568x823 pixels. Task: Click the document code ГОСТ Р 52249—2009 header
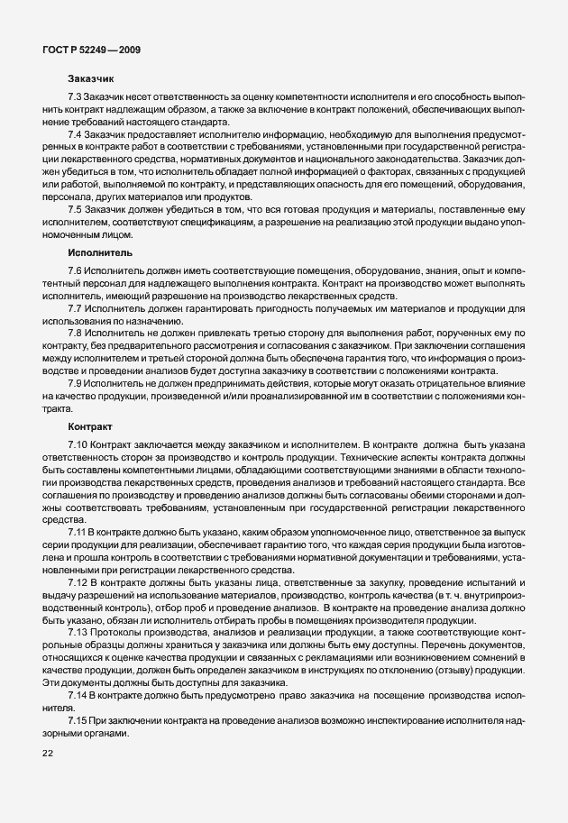[x=91, y=49]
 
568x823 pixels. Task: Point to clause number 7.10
[x=78, y=444]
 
